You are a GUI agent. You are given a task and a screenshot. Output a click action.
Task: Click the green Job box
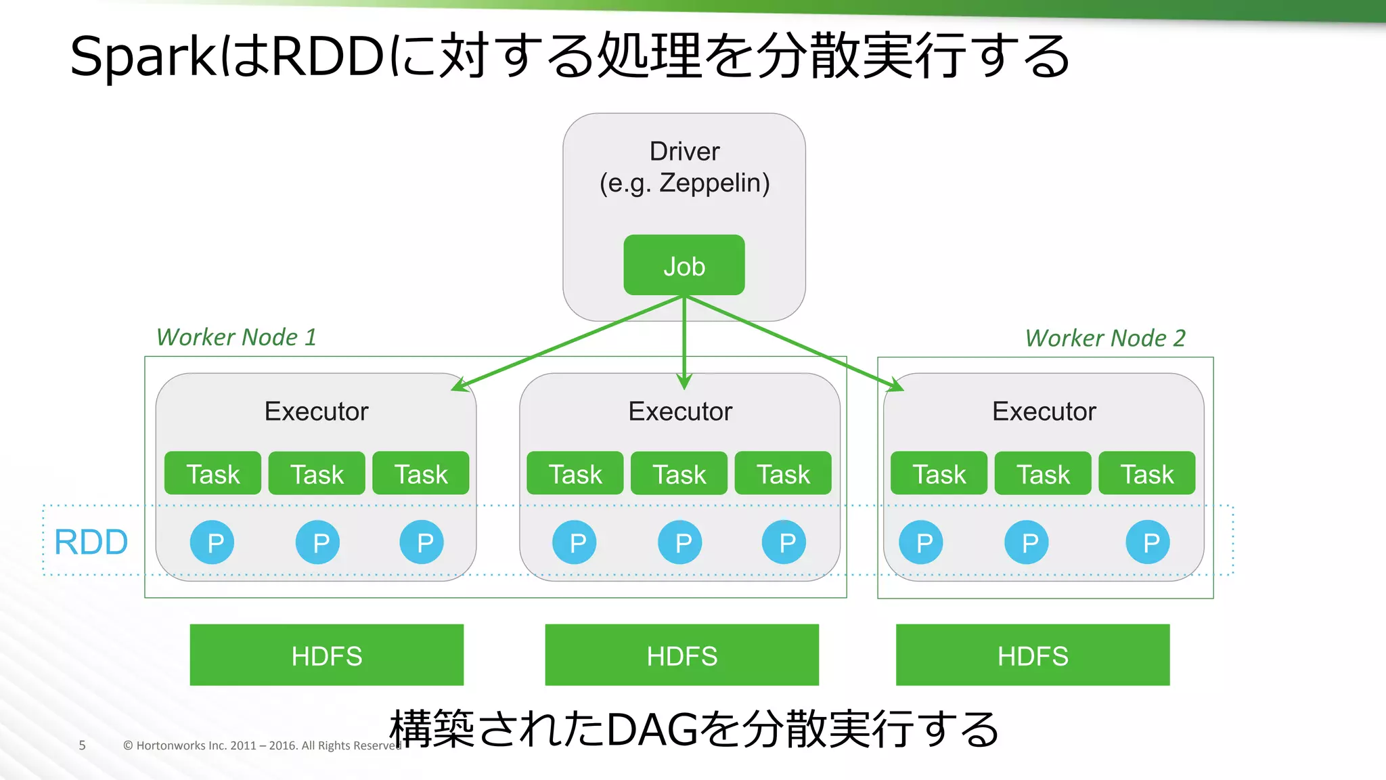[x=684, y=265]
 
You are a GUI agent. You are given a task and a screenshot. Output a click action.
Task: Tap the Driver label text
[x=684, y=152]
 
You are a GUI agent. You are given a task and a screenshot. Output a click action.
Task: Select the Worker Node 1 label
[x=236, y=337]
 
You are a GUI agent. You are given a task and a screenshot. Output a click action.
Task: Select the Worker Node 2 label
[x=1104, y=338]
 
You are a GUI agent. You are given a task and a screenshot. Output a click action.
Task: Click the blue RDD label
[x=91, y=542]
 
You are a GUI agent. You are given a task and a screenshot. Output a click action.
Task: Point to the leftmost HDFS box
[x=326, y=655]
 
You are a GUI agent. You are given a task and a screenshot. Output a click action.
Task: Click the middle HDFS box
[x=681, y=655]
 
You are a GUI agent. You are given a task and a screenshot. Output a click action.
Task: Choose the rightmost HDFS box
[x=1032, y=655]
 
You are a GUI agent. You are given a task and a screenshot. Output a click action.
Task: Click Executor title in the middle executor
[x=680, y=412]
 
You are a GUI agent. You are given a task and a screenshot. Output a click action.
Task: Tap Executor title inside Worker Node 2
[x=1044, y=412]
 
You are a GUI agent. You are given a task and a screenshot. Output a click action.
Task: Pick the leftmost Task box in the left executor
[x=213, y=473]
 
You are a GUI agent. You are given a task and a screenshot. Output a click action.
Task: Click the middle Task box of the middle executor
[x=679, y=473]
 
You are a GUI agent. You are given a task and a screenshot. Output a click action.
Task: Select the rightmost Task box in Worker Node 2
[x=1146, y=473]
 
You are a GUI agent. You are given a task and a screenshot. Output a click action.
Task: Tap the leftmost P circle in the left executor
[x=212, y=542]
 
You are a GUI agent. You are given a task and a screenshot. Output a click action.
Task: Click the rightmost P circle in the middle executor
[x=784, y=542]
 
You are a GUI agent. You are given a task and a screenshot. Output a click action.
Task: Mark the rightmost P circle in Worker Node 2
[x=1148, y=542]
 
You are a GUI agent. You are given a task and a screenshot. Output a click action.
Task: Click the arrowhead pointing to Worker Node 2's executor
[x=897, y=385]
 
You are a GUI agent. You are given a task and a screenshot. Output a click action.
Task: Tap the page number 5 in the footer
[x=82, y=745]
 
